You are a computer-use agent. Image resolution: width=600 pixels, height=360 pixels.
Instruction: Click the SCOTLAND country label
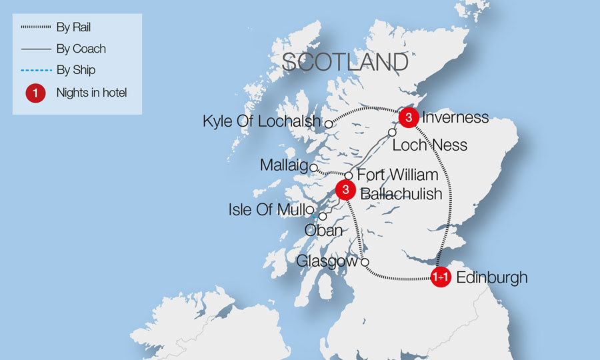(x=345, y=62)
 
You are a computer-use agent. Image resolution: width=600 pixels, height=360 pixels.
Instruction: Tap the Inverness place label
(x=455, y=118)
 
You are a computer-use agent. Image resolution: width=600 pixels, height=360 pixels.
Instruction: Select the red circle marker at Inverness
(x=408, y=118)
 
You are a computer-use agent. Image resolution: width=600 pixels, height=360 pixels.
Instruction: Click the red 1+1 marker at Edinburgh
(x=440, y=277)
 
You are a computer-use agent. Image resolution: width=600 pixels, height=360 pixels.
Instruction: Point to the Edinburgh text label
(x=491, y=277)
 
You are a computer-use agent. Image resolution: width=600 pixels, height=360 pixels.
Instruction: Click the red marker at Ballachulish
(x=345, y=190)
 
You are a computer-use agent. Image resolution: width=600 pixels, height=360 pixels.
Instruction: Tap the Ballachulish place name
(x=401, y=194)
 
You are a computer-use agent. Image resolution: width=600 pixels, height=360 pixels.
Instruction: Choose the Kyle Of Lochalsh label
(x=262, y=122)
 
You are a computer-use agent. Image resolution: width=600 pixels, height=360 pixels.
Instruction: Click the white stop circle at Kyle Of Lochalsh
(x=328, y=123)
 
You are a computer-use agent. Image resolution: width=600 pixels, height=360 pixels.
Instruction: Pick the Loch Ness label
(x=429, y=145)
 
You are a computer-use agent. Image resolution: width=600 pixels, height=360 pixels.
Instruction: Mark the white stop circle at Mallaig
(x=313, y=168)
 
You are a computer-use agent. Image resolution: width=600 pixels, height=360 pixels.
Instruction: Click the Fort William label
(x=398, y=175)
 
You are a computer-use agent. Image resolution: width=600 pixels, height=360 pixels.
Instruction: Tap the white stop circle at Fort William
(x=348, y=176)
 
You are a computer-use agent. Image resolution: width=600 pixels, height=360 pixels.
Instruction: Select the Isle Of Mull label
(x=266, y=210)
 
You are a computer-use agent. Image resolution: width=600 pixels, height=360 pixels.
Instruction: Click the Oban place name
(x=323, y=230)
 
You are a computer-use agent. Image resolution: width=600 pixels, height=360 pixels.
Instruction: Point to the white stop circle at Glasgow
(x=365, y=262)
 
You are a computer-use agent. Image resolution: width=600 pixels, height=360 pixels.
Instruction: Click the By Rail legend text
(x=74, y=28)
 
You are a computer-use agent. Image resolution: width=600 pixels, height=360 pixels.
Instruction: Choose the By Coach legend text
(x=81, y=49)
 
